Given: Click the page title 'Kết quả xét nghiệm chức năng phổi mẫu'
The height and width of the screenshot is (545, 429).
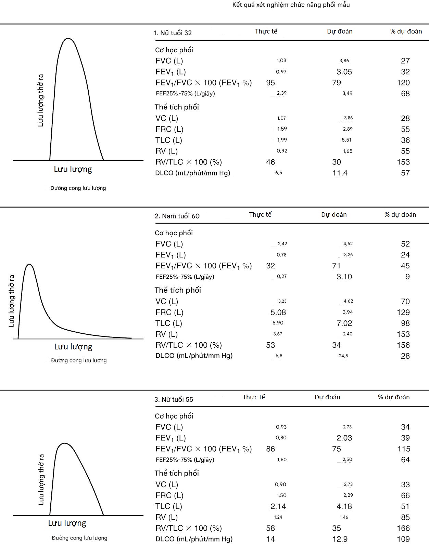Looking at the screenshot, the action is pyautogui.click(x=291, y=5).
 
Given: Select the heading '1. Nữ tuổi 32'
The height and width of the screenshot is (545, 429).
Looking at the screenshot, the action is pyautogui.click(x=173, y=33).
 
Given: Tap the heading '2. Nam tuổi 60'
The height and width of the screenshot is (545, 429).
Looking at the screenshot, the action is pyautogui.click(x=177, y=216).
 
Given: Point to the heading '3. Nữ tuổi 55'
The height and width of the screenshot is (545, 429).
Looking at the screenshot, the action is pyautogui.click(x=174, y=399).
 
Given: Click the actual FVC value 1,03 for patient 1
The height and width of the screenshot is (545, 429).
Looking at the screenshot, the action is pyautogui.click(x=281, y=61).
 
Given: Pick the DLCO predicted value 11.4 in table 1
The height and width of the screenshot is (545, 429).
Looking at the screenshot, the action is pyautogui.click(x=340, y=173).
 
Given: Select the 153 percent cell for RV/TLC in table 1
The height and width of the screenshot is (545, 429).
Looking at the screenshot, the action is pyautogui.click(x=403, y=162).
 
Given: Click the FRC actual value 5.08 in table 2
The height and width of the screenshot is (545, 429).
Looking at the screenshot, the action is pyautogui.click(x=278, y=313).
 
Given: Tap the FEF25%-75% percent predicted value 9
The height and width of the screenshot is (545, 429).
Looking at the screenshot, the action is pyautogui.click(x=407, y=277).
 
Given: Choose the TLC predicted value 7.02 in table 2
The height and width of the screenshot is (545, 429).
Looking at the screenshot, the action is pyautogui.click(x=344, y=323).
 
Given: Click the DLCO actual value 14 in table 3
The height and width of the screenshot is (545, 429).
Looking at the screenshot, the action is pyautogui.click(x=270, y=539).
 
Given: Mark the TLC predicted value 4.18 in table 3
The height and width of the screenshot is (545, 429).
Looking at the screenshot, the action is pyautogui.click(x=344, y=506).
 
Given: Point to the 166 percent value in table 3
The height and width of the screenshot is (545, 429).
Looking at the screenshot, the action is pyautogui.click(x=403, y=528).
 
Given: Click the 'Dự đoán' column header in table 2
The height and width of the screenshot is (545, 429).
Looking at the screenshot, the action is pyautogui.click(x=334, y=215).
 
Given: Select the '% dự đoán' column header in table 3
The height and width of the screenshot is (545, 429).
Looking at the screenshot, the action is pyautogui.click(x=394, y=397).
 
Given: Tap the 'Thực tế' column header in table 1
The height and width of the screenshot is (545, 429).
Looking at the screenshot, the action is pyautogui.click(x=266, y=31).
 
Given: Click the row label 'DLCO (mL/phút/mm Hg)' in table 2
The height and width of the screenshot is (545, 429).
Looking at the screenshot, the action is pyautogui.click(x=194, y=356).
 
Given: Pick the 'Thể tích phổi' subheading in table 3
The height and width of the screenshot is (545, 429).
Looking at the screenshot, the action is pyautogui.click(x=177, y=473).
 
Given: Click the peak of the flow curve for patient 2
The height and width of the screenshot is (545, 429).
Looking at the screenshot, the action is pyautogui.click(x=29, y=265).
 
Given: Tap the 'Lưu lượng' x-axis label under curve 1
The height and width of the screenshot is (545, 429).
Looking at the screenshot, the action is pyautogui.click(x=73, y=169).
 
